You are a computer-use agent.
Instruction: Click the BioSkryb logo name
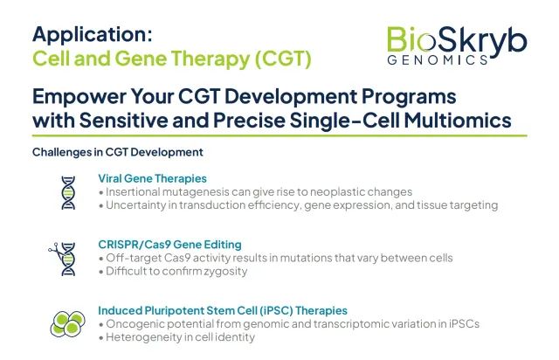coord(457,41)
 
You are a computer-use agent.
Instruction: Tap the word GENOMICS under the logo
coord(438,60)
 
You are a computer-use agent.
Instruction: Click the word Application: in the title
coord(93,36)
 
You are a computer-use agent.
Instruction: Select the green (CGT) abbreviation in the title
coord(283,59)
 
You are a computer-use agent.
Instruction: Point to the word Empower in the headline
coord(79,97)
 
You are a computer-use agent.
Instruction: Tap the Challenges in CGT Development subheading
coord(118,152)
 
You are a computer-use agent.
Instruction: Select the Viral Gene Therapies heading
coord(152,178)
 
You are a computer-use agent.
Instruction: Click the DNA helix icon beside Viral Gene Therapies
coord(68,192)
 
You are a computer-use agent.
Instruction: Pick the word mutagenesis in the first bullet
coord(196,192)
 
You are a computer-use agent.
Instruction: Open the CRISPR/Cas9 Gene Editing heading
coord(169,245)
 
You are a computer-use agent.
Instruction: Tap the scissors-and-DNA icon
coord(62,259)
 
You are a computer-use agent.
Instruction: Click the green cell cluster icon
coord(68,323)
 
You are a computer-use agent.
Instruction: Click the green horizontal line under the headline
coord(279,136)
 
